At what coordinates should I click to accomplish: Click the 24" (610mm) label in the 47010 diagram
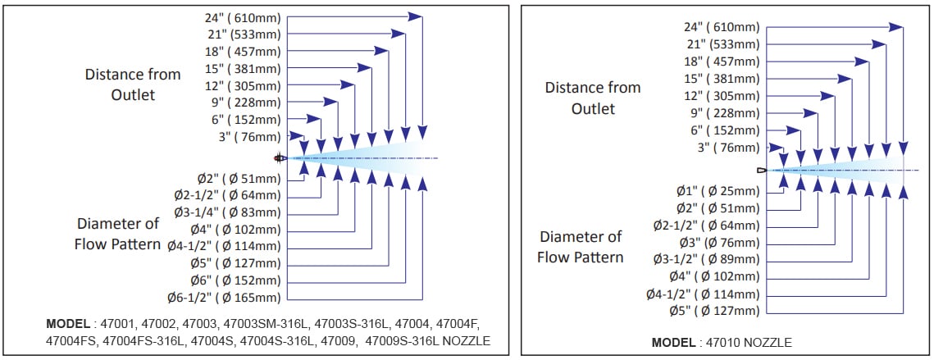coord(722,27)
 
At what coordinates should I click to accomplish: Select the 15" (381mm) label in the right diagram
coord(722,79)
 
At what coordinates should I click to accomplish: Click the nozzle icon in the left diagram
coord(280,157)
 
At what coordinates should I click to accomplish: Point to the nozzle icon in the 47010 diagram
coord(762,170)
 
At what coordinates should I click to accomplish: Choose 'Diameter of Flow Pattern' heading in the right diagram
coord(581,247)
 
